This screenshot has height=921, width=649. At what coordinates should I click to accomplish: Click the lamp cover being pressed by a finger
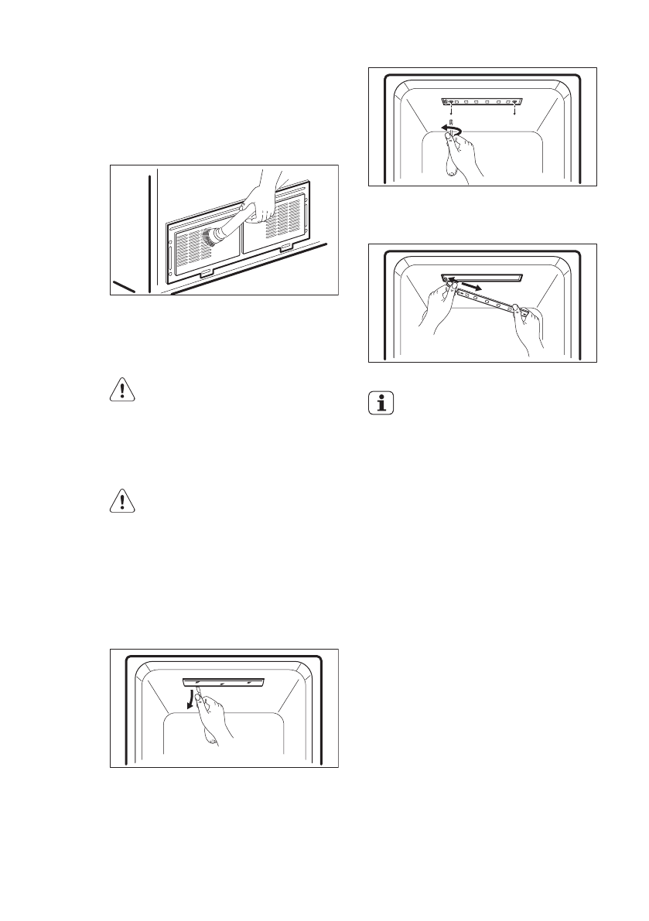tap(224, 681)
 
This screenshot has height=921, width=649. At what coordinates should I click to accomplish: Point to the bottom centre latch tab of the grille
tap(208, 272)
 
